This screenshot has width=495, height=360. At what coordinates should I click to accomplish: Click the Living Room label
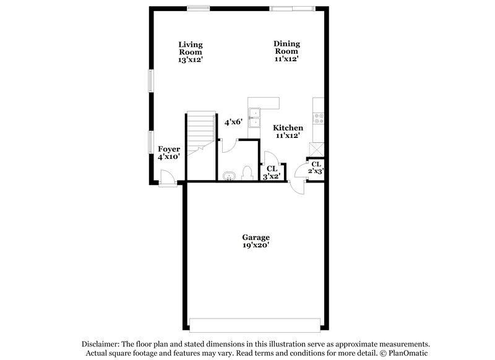(x=191, y=52)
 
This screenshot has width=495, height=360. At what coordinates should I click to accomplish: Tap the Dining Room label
(x=286, y=51)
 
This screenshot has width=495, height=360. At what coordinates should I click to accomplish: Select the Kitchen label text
(x=288, y=131)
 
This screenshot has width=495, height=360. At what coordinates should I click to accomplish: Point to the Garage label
(x=256, y=241)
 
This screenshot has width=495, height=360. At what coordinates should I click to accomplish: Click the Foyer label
(x=169, y=153)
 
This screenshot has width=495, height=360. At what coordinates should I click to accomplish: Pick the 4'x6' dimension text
(x=233, y=122)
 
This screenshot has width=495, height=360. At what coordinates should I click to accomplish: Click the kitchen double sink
(x=254, y=118)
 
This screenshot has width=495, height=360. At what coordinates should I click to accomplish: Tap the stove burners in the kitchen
(x=320, y=116)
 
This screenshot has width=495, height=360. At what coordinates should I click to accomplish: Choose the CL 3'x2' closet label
(x=272, y=172)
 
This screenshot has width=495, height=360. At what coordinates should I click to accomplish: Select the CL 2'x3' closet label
(x=316, y=168)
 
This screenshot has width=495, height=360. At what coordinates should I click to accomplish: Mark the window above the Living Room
(x=198, y=7)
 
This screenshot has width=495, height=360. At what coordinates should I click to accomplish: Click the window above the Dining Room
(x=291, y=7)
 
